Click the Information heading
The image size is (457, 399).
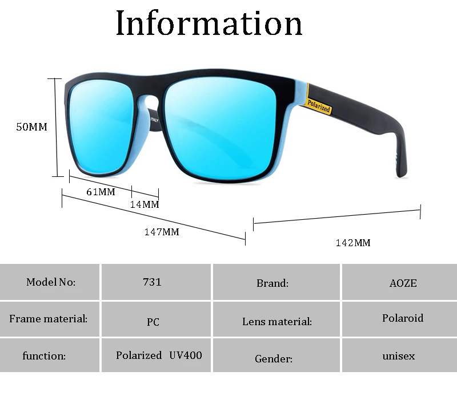click(x=209, y=23)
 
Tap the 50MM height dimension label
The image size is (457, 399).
click(x=31, y=127)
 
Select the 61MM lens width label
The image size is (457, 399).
click(x=101, y=192)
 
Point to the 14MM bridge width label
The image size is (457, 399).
click(x=145, y=204)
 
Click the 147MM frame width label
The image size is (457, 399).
click(x=162, y=232)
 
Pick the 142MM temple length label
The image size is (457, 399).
click(x=353, y=243)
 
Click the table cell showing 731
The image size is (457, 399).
click(x=152, y=282)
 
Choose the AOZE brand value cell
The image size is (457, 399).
click(x=403, y=283)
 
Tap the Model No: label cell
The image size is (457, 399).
click(x=51, y=282)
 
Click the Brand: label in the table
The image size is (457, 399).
click(x=272, y=283)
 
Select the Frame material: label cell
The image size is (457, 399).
click(x=49, y=318)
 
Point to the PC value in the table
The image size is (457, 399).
click(x=153, y=322)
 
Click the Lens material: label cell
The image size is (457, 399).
click(x=277, y=322)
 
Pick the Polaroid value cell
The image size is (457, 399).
click(x=403, y=318)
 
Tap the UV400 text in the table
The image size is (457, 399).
click(x=186, y=355)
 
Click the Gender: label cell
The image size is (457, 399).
click(x=274, y=359)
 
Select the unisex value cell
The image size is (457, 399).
click(x=399, y=355)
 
